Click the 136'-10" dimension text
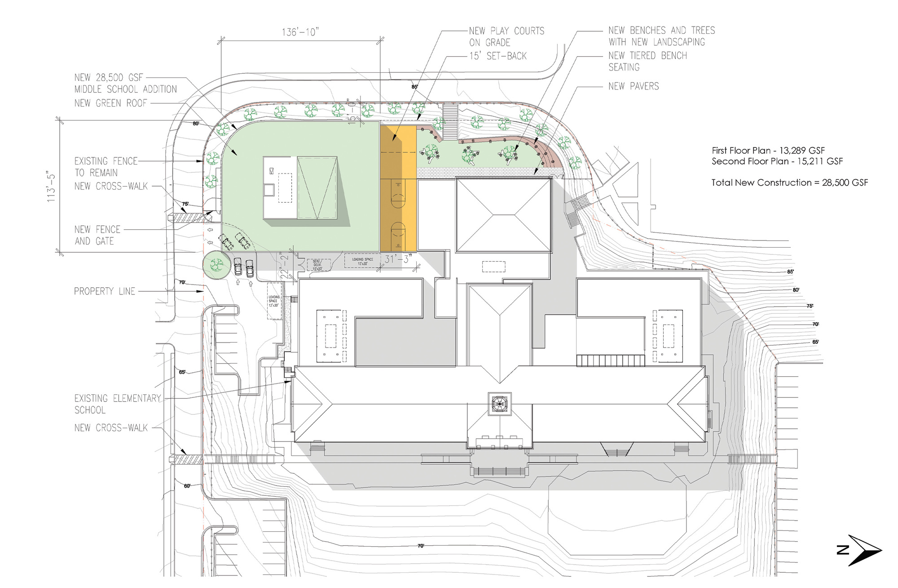(300, 32)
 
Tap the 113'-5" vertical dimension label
(52, 187)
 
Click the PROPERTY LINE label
(105, 291)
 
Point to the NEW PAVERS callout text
(634, 86)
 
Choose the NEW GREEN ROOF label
(111, 103)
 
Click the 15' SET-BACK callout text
(498, 56)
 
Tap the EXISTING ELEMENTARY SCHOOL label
(117, 404)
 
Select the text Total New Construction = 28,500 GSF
(789, 183)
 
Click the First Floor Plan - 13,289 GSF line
(768, 151)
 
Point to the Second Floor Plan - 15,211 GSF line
(777, 161)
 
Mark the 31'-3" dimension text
(398, 259)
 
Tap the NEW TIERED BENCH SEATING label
(647, 61)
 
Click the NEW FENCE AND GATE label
(97, 235)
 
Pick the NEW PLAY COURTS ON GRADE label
(506, 36)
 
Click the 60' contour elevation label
(187, 486)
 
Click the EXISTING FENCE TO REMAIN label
(106, 167)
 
